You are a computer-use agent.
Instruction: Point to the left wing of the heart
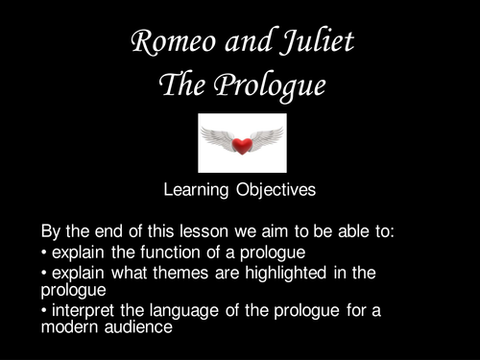coord(218,137)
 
